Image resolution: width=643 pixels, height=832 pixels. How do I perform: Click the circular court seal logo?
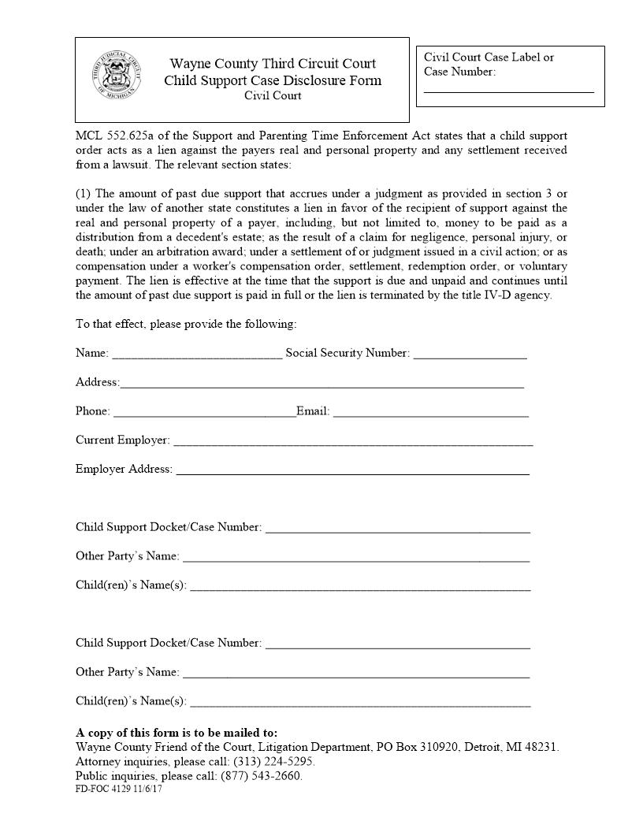[115, 75]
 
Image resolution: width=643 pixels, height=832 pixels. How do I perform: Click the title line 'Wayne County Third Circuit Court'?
[273, 64]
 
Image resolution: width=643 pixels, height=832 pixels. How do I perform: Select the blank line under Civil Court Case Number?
[508, 90]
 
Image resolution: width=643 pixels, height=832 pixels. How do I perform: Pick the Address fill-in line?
[321, 384]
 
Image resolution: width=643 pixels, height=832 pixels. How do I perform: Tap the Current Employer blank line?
[353, 442]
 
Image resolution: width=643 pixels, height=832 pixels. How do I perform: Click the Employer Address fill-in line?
[352, 471]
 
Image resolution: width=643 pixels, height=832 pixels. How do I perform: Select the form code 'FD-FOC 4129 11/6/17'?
[119, 789]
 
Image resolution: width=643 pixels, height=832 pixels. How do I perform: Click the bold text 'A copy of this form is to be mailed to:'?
[177, 733]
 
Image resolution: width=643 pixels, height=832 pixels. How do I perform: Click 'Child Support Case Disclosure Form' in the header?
[273, 80]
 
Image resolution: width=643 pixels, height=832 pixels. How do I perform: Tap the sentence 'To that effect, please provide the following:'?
[186, 325]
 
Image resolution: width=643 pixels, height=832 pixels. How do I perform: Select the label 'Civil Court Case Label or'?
[489, 58]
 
